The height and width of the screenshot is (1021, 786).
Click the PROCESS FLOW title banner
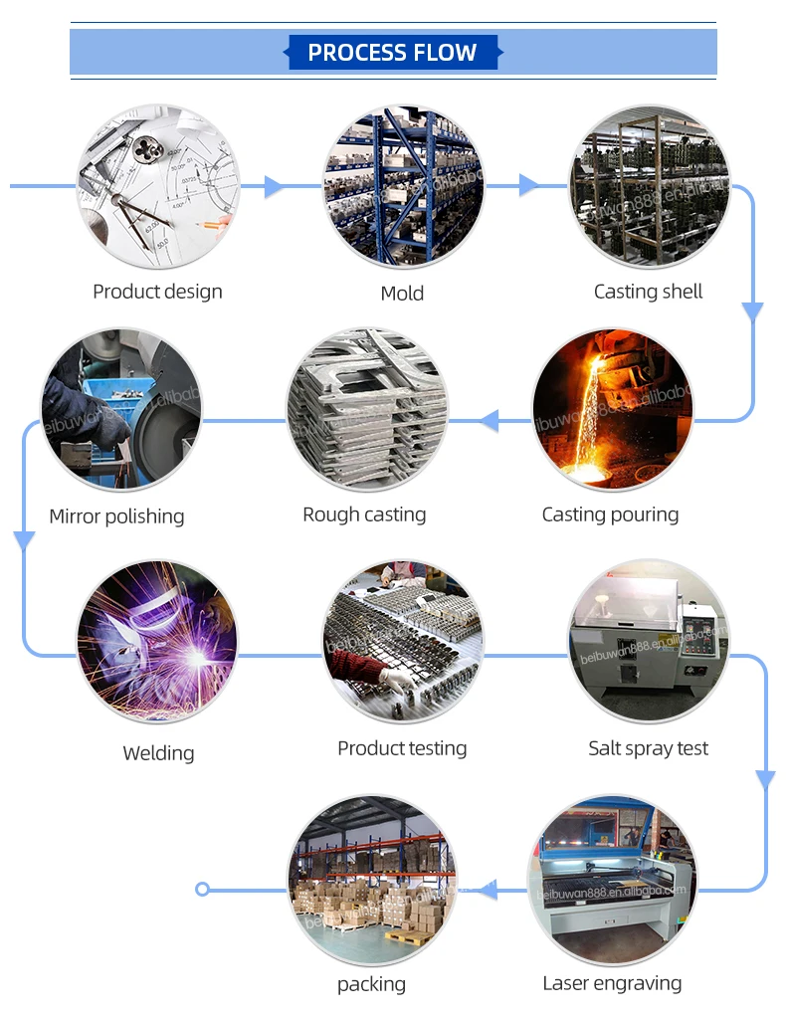click(x=393, y=53)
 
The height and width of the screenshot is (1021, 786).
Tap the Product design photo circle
click(x=158, y=188)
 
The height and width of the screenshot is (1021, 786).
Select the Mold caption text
click(x=402, y=294)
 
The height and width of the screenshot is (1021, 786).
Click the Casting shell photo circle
click(x=649, y=186)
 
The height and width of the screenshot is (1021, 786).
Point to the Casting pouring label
click(x=610, y=514)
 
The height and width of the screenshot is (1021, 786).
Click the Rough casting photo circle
click(x=367, y=409)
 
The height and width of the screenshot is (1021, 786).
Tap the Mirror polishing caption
click(x=116, y=516)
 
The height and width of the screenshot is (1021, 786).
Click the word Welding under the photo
click(x=158, y=753)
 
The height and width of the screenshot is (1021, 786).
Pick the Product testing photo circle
click(x=402, y=642)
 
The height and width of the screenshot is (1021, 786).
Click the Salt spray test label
click(x=648, y=748)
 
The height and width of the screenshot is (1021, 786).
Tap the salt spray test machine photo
click(x=648, y=642)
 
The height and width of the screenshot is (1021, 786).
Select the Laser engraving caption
click(x=612, y=983)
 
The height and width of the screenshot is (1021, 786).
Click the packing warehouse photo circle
click(x=371, y=877)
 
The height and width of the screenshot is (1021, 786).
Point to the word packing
click(x=371, y=984)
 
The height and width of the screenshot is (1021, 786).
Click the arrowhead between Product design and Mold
click(x=275, y=186)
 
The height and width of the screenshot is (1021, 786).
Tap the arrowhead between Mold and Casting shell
click(x=529, y=185)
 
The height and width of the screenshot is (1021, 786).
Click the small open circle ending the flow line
click(x=203, y=889)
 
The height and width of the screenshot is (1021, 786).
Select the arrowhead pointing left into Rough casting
click(x=488, y=421)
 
